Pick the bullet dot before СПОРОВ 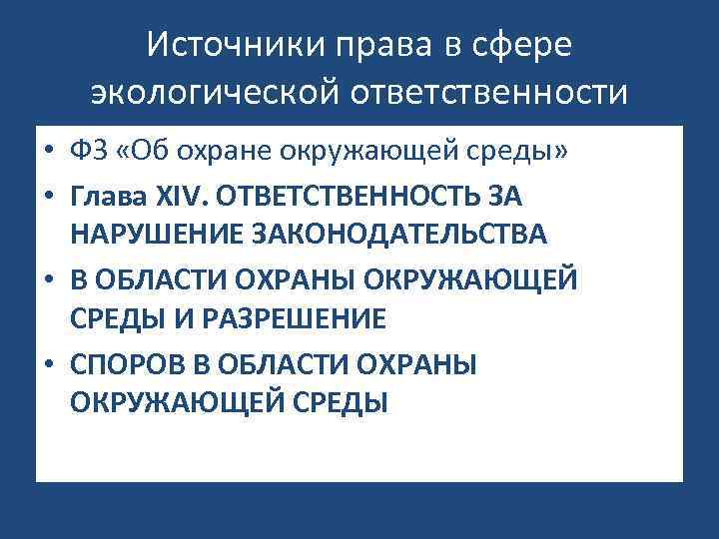tap(48, 366)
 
